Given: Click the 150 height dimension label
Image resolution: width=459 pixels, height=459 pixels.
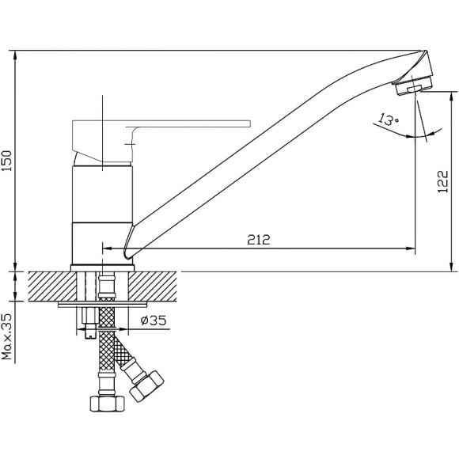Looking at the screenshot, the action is coord(6,161).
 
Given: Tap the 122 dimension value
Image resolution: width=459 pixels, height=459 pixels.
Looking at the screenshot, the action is coord(442,181).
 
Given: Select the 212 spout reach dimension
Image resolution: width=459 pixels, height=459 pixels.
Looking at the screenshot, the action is coord(259,240).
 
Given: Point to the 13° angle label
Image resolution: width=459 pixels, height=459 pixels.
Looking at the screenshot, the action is coord(389,119).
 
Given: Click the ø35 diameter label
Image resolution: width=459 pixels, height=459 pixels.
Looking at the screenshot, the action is coord(154,321).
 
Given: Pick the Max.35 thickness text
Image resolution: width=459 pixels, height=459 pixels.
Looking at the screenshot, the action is coord(6,337).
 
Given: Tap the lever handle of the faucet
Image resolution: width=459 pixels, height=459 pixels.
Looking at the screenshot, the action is coord(161,141).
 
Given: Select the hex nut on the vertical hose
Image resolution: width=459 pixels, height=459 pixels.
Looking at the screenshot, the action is coord(107,404).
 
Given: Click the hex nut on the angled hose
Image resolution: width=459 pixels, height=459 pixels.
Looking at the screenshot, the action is coord(146,386).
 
